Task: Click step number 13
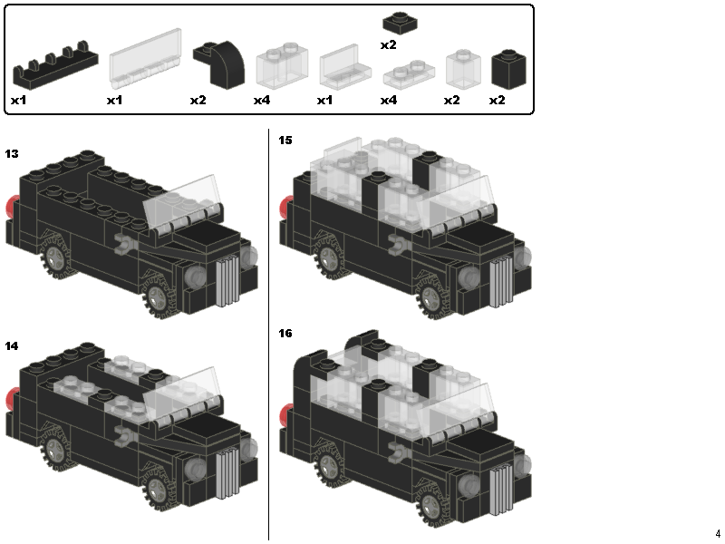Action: coord(12,153)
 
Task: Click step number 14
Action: coord(12,346)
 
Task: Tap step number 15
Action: coord(285,141)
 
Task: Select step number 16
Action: coord(285,334)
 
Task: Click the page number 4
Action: coord(717,533)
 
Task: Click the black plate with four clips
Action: coord(54,68)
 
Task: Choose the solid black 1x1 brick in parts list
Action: coord(509,67)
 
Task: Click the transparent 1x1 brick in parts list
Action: coord(463,68)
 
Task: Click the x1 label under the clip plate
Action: coord(18,100)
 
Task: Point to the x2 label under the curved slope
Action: coord(198,100)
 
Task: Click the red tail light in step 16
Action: coord(285,417)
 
